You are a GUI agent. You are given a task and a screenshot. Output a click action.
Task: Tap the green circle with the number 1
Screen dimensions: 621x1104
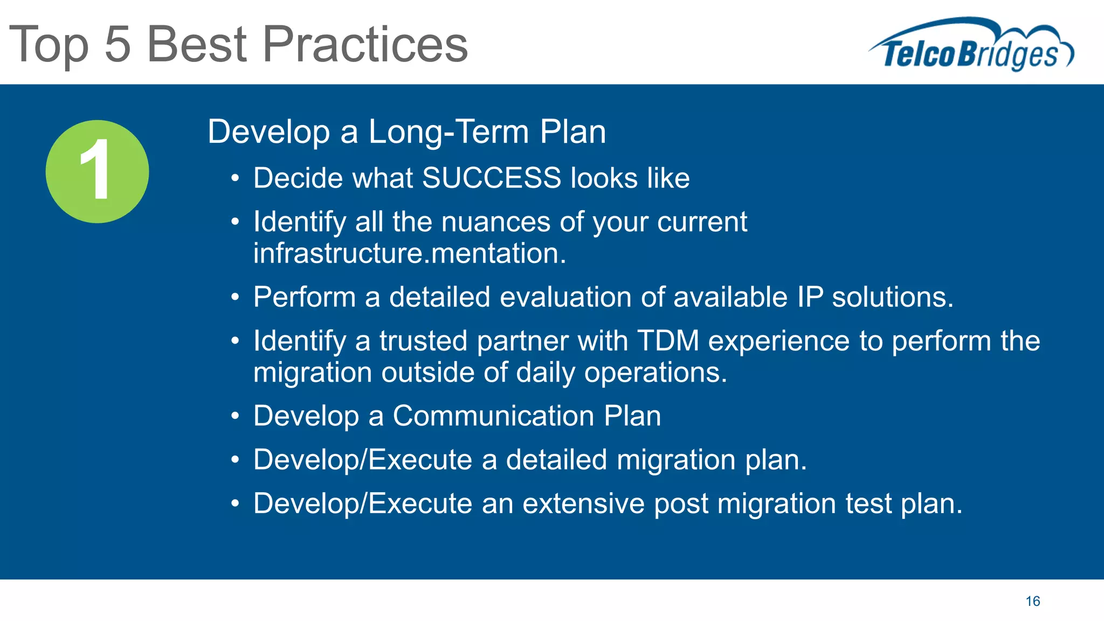97,171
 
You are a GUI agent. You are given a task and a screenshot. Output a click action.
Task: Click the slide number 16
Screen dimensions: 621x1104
1032,601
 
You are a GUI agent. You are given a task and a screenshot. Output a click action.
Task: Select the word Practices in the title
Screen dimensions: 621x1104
365,45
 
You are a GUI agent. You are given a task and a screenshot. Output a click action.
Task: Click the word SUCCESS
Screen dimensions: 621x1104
491,178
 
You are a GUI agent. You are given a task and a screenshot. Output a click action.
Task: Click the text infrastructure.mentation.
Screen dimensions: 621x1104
410,253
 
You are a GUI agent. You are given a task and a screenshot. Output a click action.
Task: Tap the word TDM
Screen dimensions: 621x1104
668,341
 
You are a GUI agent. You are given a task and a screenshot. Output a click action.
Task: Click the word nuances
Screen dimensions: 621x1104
495,222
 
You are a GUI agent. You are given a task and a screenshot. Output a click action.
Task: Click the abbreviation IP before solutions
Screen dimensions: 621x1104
809,297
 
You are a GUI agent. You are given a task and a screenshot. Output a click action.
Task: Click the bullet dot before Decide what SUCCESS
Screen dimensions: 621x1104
234,179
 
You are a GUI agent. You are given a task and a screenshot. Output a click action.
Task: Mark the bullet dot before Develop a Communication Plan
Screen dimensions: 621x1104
234,417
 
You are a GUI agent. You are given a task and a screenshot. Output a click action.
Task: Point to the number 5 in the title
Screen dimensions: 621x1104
118,45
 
